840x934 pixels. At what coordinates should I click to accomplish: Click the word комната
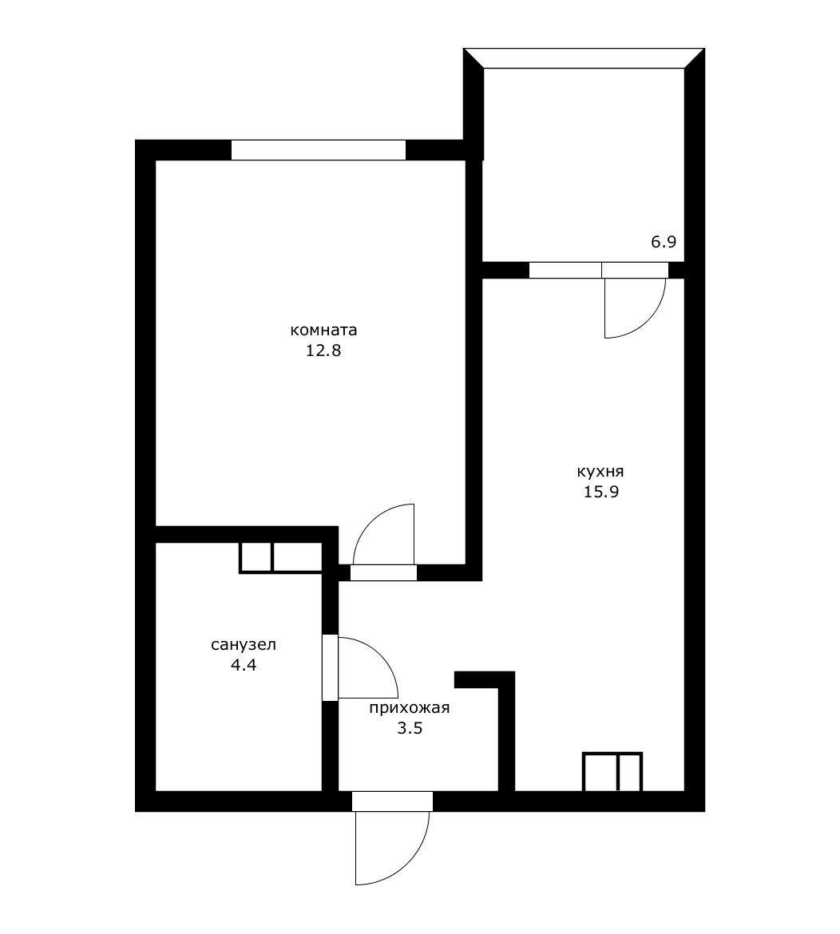(x=323, y=330)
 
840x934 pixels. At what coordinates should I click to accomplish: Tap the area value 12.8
(x=323, y=350)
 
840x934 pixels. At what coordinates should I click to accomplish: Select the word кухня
(x=600, y=472)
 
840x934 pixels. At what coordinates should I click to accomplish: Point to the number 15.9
(x=601, y=492)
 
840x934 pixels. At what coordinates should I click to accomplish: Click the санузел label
(x=244, y=644)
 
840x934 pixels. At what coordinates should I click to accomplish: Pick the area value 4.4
(x=243, y=665)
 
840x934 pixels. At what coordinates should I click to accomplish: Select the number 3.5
(x=410, y=728)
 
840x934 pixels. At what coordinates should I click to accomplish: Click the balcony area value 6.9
(x=663, y=242)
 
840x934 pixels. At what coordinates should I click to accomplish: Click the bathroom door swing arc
(x=379, y=658)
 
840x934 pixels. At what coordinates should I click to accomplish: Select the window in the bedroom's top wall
(x=318, y=150)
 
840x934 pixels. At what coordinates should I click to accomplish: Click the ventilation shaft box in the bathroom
(x=281, y=557)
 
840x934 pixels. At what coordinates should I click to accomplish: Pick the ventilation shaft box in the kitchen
(x=612, y=772)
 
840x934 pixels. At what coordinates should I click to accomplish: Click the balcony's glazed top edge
(x=584, y=58)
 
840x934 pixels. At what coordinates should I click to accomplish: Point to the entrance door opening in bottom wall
(x=392, y=801)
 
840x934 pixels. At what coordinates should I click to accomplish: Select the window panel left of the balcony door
(x=565, y=271)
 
